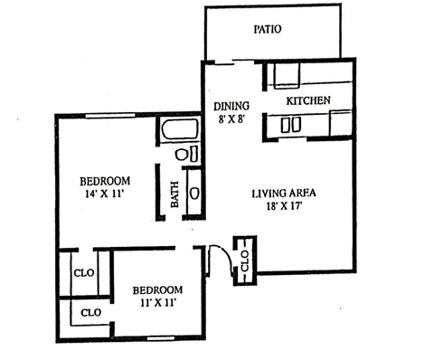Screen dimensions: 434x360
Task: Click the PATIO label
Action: tap(268, 29)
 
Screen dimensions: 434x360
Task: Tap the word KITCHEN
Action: tap(308, 100)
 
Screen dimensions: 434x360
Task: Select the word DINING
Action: tap(231, 106)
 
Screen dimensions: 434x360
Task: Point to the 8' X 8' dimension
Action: tap(231, 119)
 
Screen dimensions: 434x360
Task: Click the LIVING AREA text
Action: tap(284, 193)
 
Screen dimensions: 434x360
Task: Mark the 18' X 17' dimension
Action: tap(284, 206)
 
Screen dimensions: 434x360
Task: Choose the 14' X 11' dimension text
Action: tap(105, 194)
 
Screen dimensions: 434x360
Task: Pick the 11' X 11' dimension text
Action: tap(157, 302)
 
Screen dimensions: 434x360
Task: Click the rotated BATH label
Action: tap(175, 194)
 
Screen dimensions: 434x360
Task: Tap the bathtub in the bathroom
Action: tap(180, 129)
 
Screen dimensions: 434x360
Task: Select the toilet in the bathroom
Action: tap(181, 155)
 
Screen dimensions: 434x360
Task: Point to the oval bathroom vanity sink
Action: tap(194, 194)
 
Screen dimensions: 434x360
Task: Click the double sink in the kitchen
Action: tap(291, 125)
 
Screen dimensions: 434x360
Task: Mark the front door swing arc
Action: tap(225, 255)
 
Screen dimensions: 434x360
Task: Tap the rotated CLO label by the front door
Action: tap(245, 261)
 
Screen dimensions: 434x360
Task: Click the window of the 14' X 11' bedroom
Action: tap(110, 116)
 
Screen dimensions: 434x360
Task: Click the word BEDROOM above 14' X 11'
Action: tap(105, 181)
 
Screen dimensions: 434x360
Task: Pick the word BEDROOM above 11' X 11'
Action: tap(157, 290)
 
